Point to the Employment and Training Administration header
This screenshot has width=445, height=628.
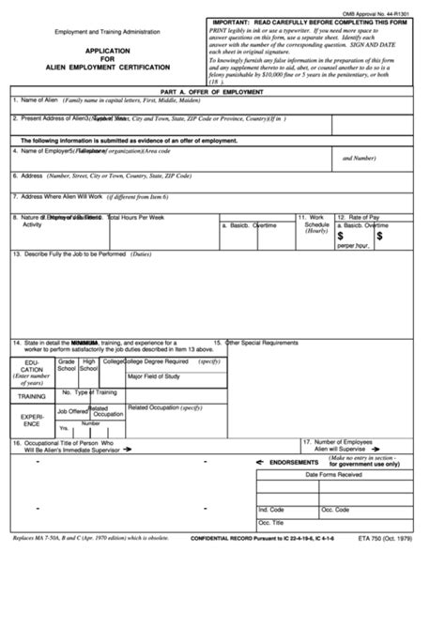tap(106, 31)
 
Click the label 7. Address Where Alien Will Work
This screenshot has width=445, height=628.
tap(57, 196)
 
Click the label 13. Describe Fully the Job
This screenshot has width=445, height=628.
tap(69, 253)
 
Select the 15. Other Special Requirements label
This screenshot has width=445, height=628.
tap(257, 343)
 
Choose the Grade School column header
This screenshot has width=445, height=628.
tap(67, 364)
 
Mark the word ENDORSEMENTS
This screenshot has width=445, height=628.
tap(294, 462)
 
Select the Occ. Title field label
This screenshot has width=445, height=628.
tap(270, 523)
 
